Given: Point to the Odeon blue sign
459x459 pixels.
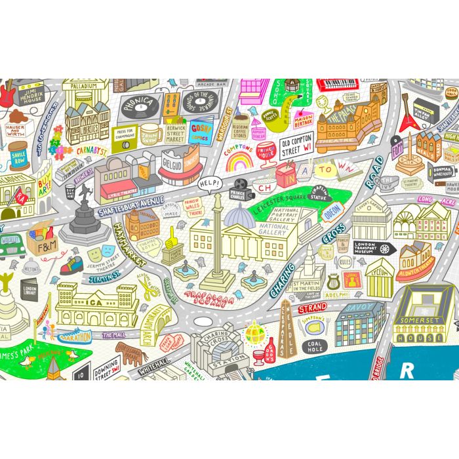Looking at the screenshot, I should [332, 210].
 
